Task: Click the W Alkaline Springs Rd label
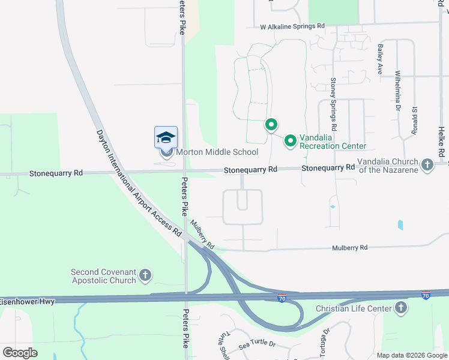coord(292,26)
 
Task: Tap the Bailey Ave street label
coord(379,59)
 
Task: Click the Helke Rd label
coord(441,135)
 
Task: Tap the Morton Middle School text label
coord(216,152)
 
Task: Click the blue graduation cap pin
coord(166,137)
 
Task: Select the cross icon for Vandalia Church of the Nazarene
coord(427,164)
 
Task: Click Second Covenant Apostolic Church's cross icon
coord(145,276)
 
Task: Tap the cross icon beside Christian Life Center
coord(400,308)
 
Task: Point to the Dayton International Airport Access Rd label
coord(139,182)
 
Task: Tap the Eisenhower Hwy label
coord(27,301)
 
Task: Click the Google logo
coord(20,353)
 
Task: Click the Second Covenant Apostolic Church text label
coord(104,276)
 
